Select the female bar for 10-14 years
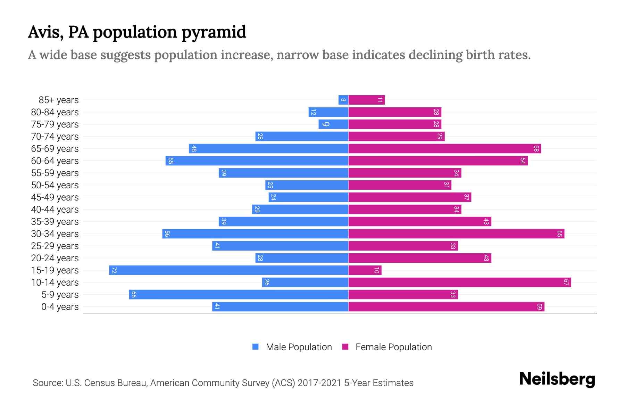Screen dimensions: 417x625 coord(459,283)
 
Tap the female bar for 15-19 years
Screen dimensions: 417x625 coord(365,270)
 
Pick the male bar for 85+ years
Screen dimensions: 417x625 coord(343,100)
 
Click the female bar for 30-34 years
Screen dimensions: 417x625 coord(456,234)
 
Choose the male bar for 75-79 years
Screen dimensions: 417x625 coord(333,124)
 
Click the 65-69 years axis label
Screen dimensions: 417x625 coord(55,149)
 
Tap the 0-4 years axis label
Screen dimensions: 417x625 coord(60,307)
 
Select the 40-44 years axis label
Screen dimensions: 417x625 coord(55,210)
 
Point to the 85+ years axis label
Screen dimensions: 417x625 coord(59,100)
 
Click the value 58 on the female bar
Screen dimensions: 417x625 coord(536,149)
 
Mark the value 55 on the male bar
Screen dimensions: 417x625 coord(170,161)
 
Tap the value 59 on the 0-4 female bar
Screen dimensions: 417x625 coord(539,307)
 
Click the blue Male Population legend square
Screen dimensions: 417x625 coord(256,347)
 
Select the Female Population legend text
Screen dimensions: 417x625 coord(393,347)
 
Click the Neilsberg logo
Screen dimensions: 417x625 coord(557,379)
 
